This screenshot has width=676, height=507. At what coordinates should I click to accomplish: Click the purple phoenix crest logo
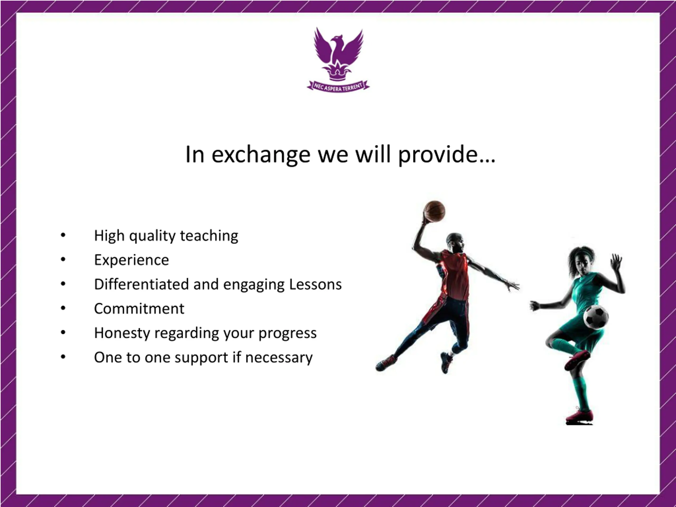(x=338, y=60)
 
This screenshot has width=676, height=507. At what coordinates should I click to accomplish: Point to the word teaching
(x=209, y=236)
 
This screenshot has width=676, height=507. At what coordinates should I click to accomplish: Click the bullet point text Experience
(x=132, y=260)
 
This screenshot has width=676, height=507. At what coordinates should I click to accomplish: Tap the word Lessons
(x=315, y=284)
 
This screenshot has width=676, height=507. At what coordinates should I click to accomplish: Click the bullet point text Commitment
(x=139, y=309)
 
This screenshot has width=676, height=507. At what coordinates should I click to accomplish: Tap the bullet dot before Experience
(x=63, y=260)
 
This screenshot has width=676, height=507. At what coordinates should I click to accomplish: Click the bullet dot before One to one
(x=63, y=357)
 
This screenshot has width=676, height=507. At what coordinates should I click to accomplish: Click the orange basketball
(x=435, y=211)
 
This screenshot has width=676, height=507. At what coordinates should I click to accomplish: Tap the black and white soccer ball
(x=596, y=317)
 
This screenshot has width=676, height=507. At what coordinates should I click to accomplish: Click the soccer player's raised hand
(x=616, y=262)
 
